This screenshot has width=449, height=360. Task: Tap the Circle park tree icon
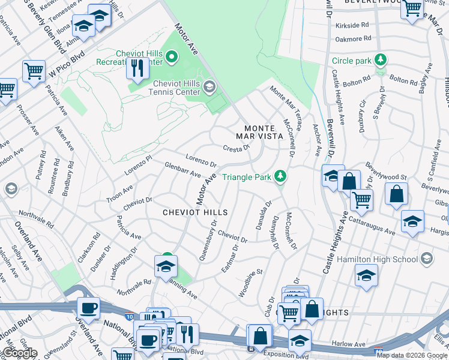[379, 60]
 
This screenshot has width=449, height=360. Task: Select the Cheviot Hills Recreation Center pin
[172, 58]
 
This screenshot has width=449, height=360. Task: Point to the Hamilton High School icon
[426, 259]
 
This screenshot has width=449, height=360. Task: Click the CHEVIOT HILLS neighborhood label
[196, 212]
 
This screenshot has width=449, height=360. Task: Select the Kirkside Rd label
[352, 25]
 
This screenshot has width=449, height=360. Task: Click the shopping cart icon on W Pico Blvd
[34, 71]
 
